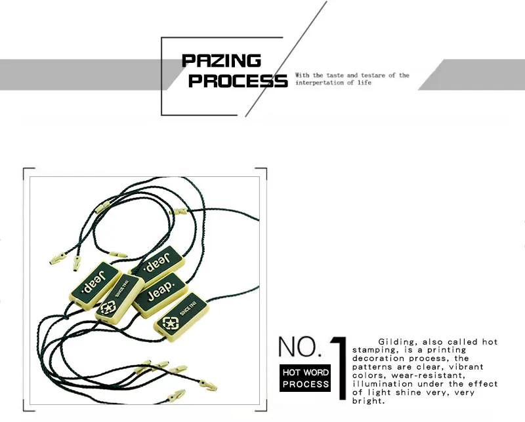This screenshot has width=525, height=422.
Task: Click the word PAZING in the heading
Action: click(x=221, y=61)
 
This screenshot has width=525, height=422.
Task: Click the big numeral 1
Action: click(x=339, y=367)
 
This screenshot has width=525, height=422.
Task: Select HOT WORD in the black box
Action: click(x=306, y=372)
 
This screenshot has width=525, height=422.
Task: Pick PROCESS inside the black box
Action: click(x=306, y=384)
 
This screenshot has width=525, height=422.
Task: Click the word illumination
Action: click(x=385, y=384)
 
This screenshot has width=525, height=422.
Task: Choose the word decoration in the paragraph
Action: click(x=379, y=359)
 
